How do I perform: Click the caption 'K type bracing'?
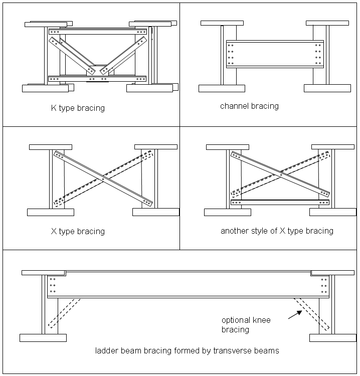coord(78,108)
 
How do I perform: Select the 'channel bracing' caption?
coord(249,106)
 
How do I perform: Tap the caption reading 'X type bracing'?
coord(78,231)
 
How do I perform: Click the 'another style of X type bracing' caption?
coord(277,231)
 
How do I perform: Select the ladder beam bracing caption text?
coord(187,350)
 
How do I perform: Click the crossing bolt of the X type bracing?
coord(103,178)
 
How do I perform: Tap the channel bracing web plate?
coord(274,54)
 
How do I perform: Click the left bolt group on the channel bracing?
coord(231,55)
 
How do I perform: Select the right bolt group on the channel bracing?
coord(318,55)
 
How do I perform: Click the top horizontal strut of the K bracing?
coord(98,32)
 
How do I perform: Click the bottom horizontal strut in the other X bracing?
coord(280,203)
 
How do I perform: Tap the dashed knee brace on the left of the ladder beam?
coord(65,312)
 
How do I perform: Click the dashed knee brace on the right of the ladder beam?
coord(311,314)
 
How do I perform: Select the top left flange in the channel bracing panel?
coord(222,23)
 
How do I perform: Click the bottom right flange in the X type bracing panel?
coord(155,212)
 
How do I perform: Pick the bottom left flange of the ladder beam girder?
coord(43,338)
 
